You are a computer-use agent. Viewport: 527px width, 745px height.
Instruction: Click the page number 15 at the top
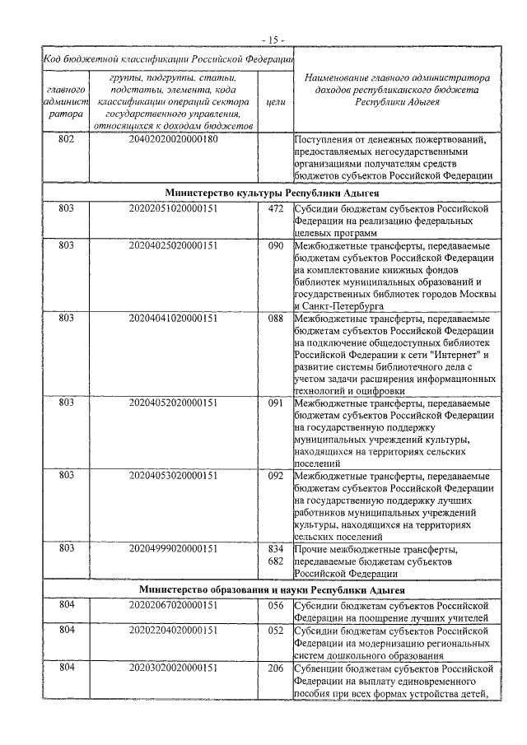click(x=273, y=38)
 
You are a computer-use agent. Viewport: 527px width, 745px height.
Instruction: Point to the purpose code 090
click(x=276, y=246)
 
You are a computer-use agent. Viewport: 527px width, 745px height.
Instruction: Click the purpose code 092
click(x=276, y=475)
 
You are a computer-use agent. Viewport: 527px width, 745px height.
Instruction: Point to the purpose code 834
click(x=276, y=548)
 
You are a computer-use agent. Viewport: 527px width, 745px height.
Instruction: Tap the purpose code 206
click(x=276, y=668)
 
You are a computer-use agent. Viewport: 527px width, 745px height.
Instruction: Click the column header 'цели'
click(x=276, y=101)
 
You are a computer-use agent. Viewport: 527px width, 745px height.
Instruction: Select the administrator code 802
click(x=67, y=140)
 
